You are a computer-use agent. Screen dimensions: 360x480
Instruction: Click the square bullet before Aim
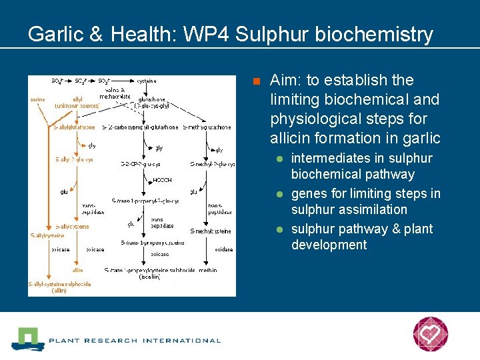click(x=255, y=82)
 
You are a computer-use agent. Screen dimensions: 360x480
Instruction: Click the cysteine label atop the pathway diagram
click(x=147, y=81)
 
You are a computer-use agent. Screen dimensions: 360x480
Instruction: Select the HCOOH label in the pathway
click(x=162, y=180)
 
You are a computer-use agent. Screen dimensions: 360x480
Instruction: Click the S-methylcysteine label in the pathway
click(x=211, y=231)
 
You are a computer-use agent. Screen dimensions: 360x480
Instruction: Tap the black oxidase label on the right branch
click(x=223, y=249)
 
